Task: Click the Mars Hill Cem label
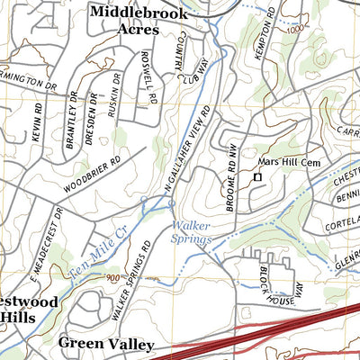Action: (x=283, y=162)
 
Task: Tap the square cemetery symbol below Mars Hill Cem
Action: (x=256, y=178)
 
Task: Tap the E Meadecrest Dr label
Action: (x=46, y=233)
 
